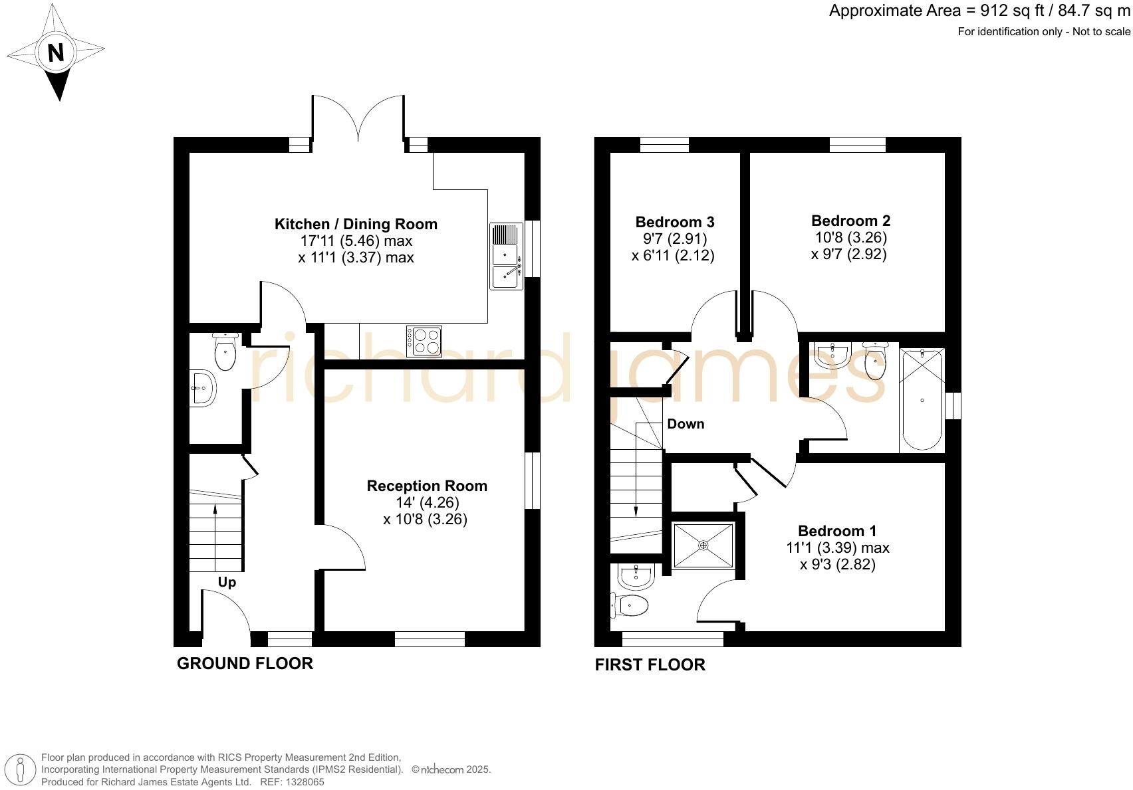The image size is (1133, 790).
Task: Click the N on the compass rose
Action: pyautogui.click(x=56, y=52)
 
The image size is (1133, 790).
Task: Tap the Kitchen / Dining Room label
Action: pyautogui.click(x=356, y=225)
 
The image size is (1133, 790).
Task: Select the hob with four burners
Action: pyautogui.click(x=424, y=341)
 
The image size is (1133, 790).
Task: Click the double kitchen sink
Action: pyautogui.click(x=507, y=256)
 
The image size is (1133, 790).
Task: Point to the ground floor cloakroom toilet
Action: pyautogui.click(x=225, y=353)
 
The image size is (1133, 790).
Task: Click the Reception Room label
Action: pyautogui.click(x=427, y=486)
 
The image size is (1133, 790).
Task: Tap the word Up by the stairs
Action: pyautogui.click(x=227, y=583)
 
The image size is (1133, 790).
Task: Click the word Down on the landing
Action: pyautogui.click(x=686, y=424)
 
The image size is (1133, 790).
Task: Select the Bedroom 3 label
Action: pyautogui.click(x=674, y=222)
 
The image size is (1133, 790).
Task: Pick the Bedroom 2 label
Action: pyautogui.click(x=850, y=221)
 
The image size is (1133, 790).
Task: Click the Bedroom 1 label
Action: pyautogui.click(x=836, y=531)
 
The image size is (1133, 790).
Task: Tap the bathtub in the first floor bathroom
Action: pyautogui.click(x=922, y=399)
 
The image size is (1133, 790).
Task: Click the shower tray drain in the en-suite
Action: pyautogui.click(x=703, y=545)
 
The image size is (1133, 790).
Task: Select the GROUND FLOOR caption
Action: pyautogui.click(x=245, y=663)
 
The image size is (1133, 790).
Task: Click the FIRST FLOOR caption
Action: pyautogui.click(x=650, y=664)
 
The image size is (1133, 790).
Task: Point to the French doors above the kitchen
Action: pyautogui.click(x=358, y=120)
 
